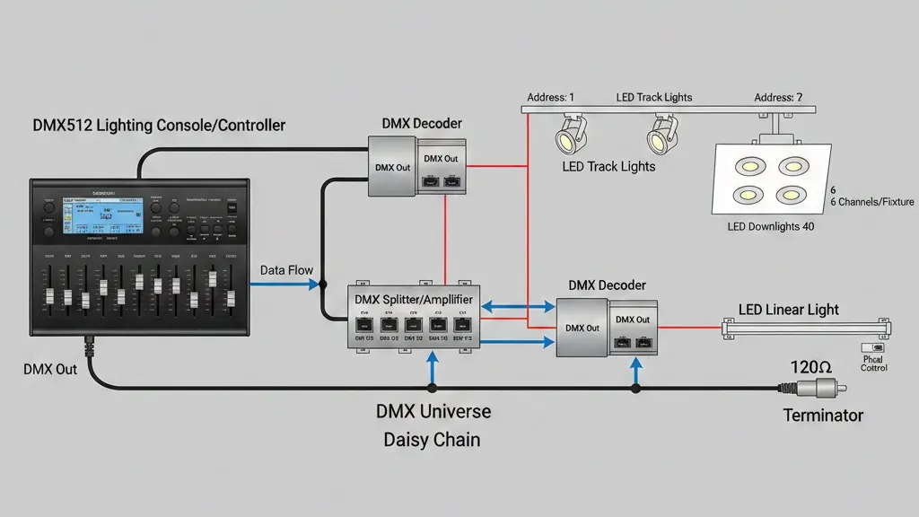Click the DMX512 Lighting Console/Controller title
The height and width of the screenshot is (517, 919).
pyautogui.click(x=159, y=125)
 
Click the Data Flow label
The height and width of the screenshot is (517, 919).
pyautogui.click(x=285, y=269)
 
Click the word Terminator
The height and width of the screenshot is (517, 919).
pyautogui.click(x=823, y=416)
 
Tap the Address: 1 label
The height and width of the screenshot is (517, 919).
pyautogui.click(x=551, y=97)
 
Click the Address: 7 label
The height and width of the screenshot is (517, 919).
pyautogui.click(x=778, y=97)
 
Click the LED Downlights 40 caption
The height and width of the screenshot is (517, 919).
pyautogui.click(x=770, y=227)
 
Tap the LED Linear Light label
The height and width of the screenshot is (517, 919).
pyautogui.click(x=788, y=310)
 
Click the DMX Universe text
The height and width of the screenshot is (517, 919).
pyautogui.click(x=433, y=412)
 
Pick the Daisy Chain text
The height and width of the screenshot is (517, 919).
pyautogui.click(x=432, y=440)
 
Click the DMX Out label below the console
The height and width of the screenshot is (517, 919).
pyautogui.click(x=49, y=369)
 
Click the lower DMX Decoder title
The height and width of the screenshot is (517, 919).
pyautogui.click(x=607, y=285)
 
